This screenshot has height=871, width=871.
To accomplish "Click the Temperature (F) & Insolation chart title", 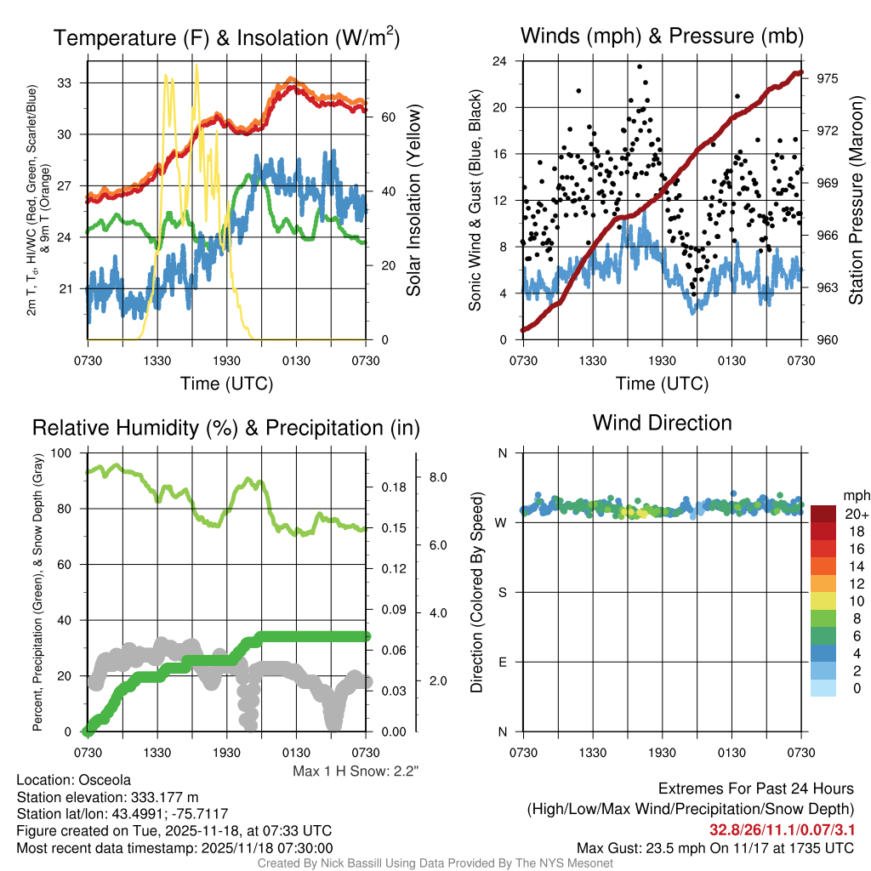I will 226,38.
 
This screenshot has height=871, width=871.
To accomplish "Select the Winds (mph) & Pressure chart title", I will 662,36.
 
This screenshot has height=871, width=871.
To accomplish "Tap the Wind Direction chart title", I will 662,423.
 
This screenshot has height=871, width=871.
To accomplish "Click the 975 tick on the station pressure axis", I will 828,77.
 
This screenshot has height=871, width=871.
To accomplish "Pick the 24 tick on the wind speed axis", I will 499,61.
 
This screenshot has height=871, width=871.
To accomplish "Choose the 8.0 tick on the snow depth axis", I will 438,477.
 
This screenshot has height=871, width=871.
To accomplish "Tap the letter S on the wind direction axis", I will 502,592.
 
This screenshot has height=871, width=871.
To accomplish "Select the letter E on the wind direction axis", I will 502,662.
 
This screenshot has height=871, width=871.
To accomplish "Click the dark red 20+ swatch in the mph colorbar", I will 823,514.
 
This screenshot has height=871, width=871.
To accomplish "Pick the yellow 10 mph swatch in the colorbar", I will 823,601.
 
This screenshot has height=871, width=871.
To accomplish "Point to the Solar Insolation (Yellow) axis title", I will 413,200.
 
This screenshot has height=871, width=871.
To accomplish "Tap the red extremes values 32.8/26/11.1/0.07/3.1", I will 782,828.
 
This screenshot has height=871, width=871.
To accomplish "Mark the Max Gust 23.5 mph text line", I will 714,847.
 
